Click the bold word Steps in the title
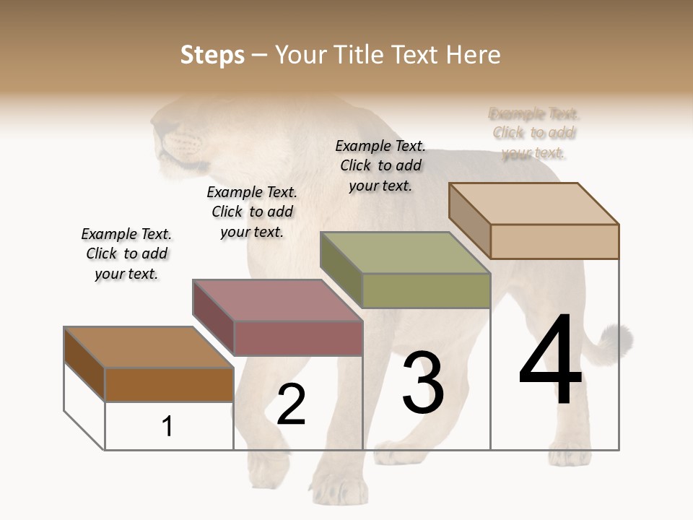pyautogui.click(x=212, y=55)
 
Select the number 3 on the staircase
pyautogui.click(x=423, y=382)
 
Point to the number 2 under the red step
pyautogui.click(x=291, y=405)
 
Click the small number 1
pyautogui.click(x=167, y=426)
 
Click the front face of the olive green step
pyautogui.click(x=426, y=291)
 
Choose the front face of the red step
pyautogui.click(x=298, y=338)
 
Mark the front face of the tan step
pyautogui.click(x=554, y=241)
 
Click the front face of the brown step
pyautogui.click(x=170, y=384)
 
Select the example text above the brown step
pyautogui.click(x=126, y=253)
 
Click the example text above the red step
pyautogui.click(x=252, y=212)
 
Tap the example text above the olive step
pyautogui.click(x=380, y=165)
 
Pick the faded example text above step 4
pyautogui.click(x=534, y=133)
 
